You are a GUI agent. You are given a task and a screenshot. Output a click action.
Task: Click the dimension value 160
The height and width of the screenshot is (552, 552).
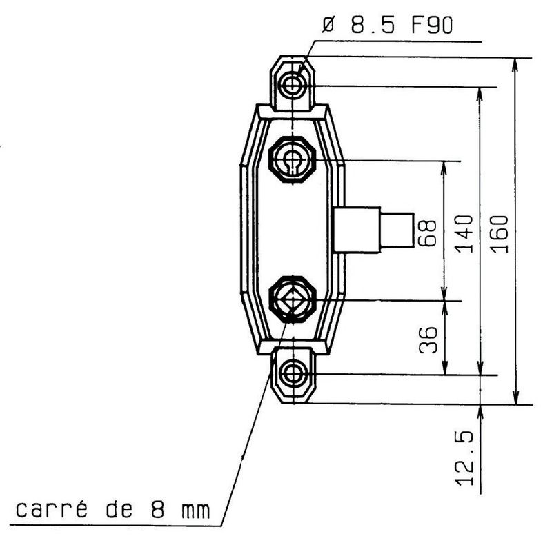click(x=500, y=234)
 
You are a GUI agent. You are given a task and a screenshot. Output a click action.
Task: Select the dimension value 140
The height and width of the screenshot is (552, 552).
click(x=464, y=234)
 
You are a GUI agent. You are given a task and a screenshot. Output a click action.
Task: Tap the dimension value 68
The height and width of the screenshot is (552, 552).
click(x=427, y=233)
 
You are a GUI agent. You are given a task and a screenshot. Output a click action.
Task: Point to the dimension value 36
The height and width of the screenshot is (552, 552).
click(x=428, y=340)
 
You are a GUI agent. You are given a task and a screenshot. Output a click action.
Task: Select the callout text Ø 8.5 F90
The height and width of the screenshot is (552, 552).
click(x=387, y=26)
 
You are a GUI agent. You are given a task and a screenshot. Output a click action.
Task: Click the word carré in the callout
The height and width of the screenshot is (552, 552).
click(x=51, y=509)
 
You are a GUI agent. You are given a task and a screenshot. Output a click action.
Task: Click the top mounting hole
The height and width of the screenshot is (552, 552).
click(x=292, y=84)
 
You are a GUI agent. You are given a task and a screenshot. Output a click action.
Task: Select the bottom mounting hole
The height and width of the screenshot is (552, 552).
click(x=293, y=374)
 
